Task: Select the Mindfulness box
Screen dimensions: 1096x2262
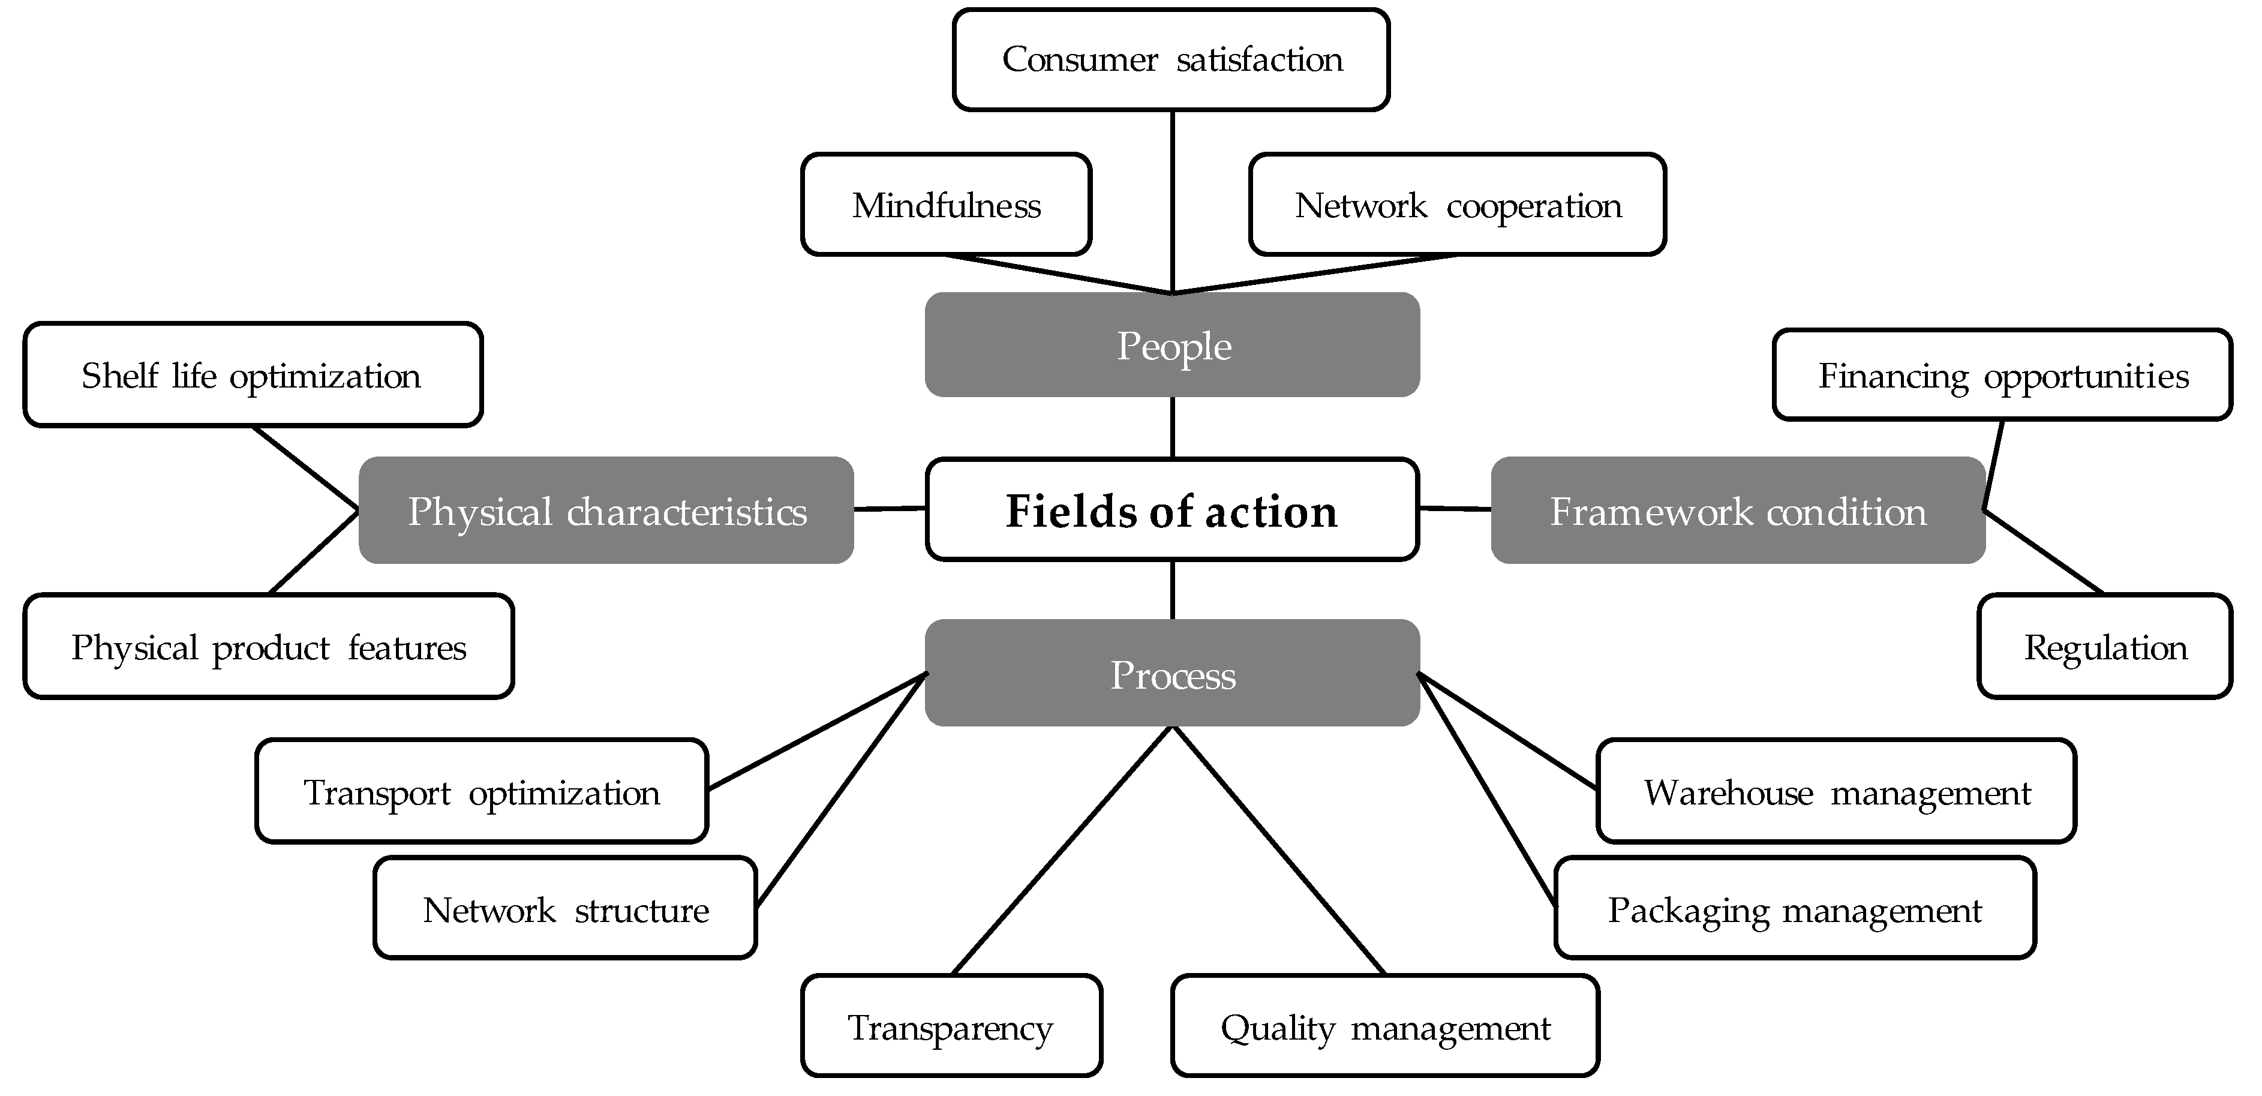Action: [x=946, y=205]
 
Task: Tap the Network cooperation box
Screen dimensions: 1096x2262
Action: [x=1457, y=205]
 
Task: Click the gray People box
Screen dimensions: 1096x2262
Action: [x=1172, y=345]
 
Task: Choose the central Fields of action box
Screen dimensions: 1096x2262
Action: [x=1172, y=509]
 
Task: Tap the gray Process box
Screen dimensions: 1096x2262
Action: [x=1172, y=674]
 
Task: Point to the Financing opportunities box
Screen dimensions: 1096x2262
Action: [x=2002, y=375]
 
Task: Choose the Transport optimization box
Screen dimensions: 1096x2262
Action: [x=481, y=791]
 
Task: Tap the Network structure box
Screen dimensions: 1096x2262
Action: [x=564, y=908]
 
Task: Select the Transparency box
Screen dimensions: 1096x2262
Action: [x=951, y=1026]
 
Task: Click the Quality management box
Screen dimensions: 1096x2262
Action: [x=1385, y=1026]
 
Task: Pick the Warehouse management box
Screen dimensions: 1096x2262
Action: [x=1836, y=791]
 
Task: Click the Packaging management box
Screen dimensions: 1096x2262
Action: [x=1794, y=908]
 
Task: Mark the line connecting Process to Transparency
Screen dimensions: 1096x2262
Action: [x=1062, y=850]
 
